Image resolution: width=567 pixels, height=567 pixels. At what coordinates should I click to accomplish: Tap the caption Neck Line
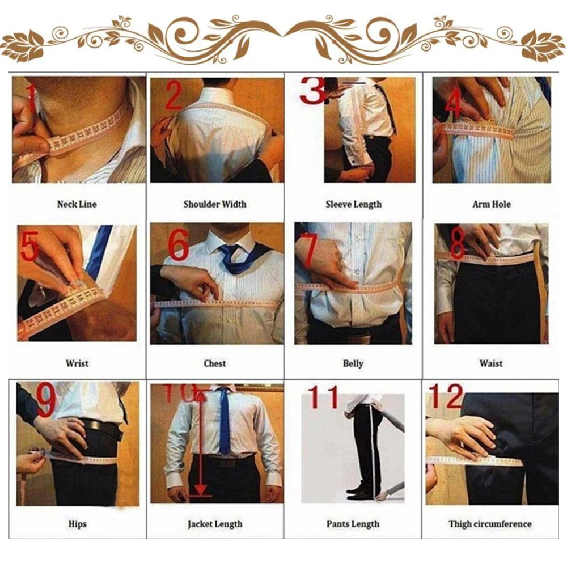pos(77,204)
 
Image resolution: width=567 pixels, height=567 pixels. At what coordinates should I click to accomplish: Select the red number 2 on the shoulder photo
pos(174,95)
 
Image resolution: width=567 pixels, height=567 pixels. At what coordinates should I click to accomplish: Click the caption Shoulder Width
pos(214,204)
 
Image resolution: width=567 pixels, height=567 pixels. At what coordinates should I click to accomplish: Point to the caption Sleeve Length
pos(353,204)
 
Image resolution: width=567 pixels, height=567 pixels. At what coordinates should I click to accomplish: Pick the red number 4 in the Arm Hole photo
pos(453,102)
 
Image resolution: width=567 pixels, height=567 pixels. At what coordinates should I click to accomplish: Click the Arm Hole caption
pos(492,204)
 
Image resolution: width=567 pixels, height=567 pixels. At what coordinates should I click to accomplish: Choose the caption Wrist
pos(77,363)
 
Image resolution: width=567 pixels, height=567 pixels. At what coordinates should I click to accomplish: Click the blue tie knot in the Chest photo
pos(230,251)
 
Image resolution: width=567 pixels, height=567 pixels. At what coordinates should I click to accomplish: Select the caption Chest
pos(214,363)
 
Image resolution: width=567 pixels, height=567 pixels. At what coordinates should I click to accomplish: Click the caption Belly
pos(353,363)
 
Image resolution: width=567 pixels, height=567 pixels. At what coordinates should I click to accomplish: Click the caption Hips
pos(77,524)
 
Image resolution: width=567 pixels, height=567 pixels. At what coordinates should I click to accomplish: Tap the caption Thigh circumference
pos(490,524)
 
